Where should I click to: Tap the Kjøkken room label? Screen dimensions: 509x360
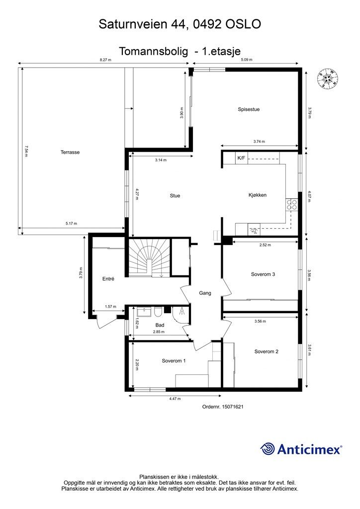258,195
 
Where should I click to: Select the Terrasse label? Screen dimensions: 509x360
70,153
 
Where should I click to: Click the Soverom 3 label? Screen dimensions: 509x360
263,274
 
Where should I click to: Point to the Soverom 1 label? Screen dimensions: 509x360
174,361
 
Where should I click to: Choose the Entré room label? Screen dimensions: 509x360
108,279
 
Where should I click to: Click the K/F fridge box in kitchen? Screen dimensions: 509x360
241,159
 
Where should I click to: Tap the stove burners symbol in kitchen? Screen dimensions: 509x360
291,206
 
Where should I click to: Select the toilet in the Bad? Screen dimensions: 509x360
158,312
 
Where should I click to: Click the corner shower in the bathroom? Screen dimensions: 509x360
180,312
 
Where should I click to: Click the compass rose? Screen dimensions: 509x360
329,78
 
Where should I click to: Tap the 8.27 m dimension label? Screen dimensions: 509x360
105,60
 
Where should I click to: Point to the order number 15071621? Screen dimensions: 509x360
222,407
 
